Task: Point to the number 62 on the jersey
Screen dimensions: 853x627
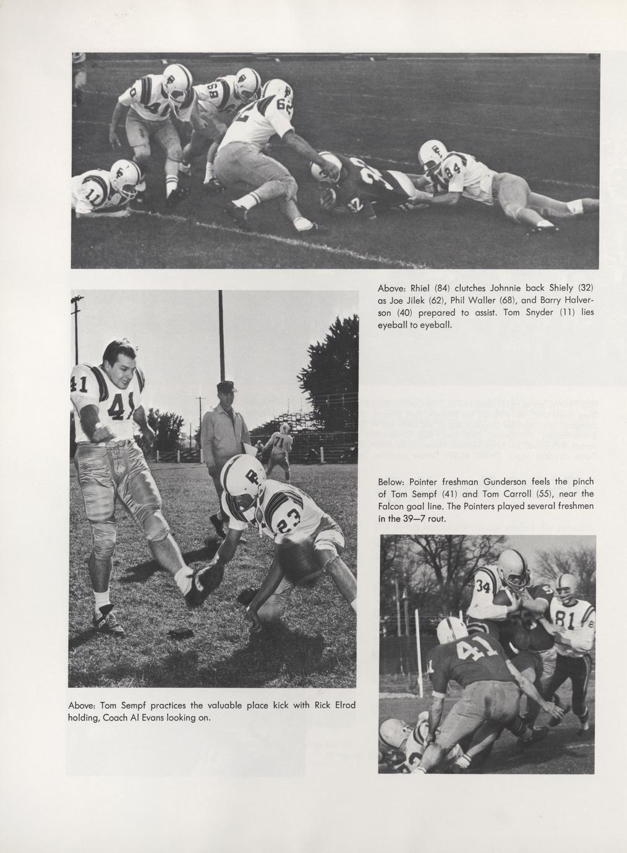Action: click(283, 105)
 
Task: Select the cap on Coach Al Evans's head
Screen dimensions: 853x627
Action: click(227, 387)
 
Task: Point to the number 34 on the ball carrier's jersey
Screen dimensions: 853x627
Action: click(483, 587)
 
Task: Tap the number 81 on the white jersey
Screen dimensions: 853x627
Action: click(567, 619)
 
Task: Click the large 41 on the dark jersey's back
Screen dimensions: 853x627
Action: click(476, 649)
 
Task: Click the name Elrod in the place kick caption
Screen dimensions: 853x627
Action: click(343, 706)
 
